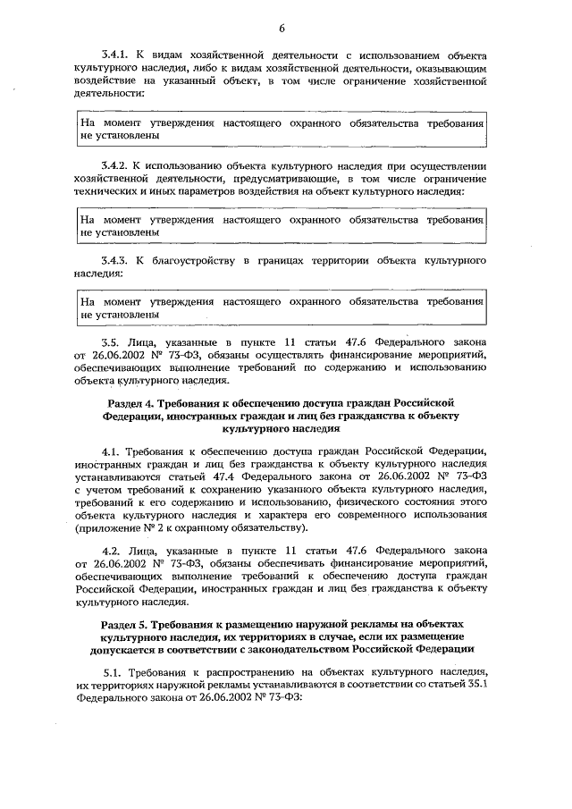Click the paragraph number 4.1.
tap(114, 451)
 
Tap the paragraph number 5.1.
tap(114, 670)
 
